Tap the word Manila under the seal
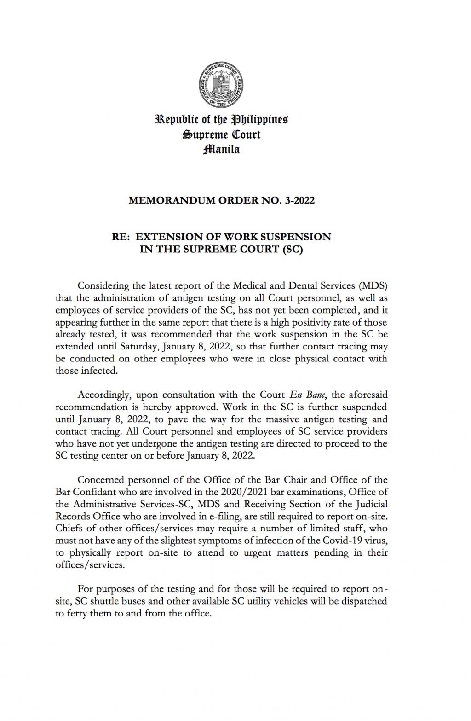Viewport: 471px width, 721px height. click(222, 149)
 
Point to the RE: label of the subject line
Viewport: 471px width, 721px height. click(121, 237)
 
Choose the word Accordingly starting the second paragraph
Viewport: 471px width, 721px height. click(104, 395)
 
